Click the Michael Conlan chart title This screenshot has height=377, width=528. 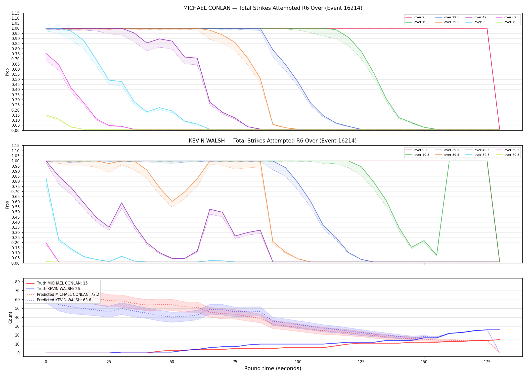click(273, 8)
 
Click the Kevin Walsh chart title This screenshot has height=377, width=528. click(273, 141)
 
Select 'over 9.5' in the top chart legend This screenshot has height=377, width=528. click(421, 17)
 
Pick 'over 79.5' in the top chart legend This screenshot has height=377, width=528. click(512, 22)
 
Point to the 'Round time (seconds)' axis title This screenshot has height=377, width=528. click(273, 368)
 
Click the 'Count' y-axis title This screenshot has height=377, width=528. click(10, 317)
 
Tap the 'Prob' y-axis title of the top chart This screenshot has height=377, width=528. click(7, 72)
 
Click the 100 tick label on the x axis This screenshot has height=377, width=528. click(298, 362)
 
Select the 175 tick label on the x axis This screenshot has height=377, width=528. click(487, 362)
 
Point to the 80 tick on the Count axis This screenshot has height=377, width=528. click(17, 282)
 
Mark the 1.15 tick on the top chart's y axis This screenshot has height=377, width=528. click(16, 13)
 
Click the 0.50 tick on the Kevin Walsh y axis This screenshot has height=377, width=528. click(16, 212)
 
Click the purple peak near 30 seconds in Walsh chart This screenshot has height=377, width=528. click(122, 203)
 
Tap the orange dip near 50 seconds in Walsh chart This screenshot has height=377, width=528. click(172, 202)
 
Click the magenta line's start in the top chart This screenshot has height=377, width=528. click(46, 53)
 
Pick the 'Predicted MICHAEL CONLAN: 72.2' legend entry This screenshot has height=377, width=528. click(68, 294)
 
